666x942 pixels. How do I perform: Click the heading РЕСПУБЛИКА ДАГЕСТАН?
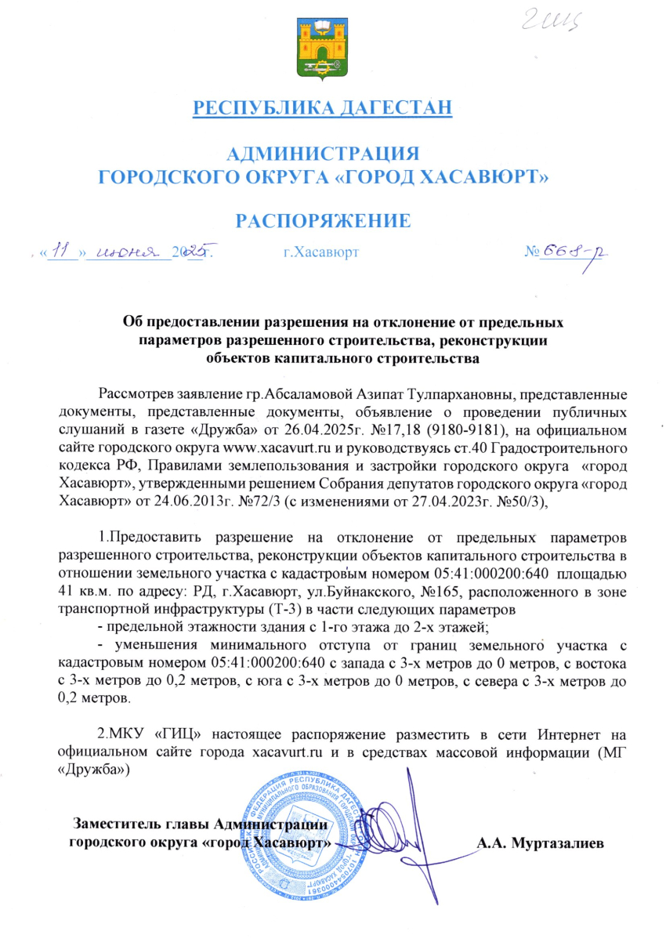(x=323, y=107)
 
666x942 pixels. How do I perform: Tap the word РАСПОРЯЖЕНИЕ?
(x=323, y=220)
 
